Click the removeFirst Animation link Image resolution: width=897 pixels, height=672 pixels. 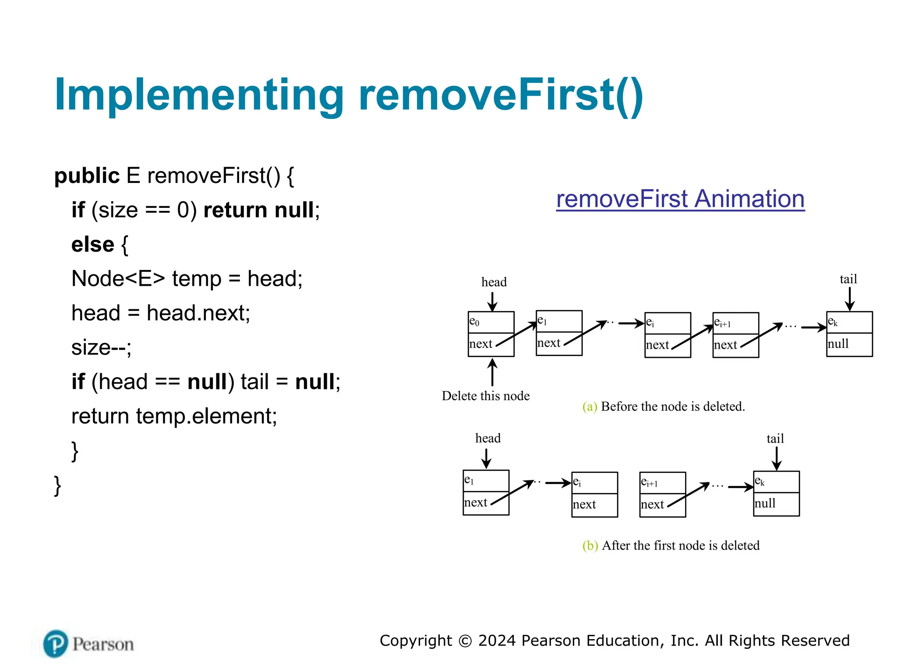[680, 199]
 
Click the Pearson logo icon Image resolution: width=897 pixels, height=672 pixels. [56, 644]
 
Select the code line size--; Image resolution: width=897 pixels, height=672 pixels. [101, 347]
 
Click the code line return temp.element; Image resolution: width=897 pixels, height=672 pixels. [174, 416]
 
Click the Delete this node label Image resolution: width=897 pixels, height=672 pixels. [485, 396]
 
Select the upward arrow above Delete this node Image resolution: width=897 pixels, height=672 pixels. [492, 372]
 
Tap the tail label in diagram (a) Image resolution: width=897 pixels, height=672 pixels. [848, 279]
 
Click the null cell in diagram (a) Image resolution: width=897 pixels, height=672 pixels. [849, 344]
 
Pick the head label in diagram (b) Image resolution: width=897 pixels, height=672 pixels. [487, 438]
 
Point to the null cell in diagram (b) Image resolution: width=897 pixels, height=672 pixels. [776, 504]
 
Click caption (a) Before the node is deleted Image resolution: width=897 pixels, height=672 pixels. [664, 406]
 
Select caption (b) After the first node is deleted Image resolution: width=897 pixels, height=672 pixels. [671, 546]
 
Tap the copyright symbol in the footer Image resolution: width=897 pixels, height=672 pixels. [465, 641]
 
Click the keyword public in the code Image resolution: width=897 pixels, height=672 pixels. [87, 176]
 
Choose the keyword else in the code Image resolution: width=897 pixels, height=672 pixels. [93, 245]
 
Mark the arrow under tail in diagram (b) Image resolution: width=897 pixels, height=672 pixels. [776, 458]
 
